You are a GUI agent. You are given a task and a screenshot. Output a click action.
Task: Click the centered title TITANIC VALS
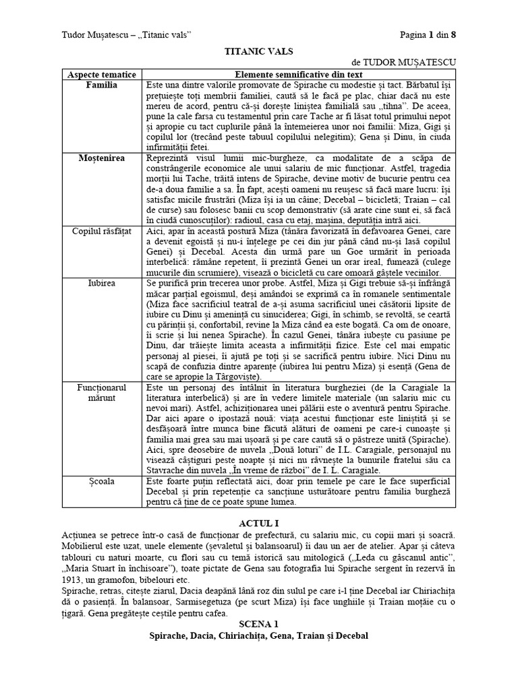[259, 50]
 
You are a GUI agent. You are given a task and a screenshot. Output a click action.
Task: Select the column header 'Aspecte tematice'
[102, 75]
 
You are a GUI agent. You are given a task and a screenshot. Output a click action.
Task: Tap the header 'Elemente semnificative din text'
[300, 75]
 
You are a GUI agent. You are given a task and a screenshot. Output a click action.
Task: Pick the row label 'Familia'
[102, 86]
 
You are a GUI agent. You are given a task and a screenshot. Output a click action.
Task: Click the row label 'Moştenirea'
[102, 157]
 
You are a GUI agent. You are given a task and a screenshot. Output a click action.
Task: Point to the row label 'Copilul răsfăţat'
[102, 231]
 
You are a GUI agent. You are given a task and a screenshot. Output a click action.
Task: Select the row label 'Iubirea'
[102, 284]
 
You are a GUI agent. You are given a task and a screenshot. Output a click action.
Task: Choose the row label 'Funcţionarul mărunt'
[102, 393]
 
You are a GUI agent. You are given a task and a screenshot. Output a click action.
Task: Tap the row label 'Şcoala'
[102, 481]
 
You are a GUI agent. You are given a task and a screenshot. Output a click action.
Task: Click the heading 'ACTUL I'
[259, 523]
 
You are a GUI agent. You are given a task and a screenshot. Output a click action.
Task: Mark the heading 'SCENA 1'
[259, 625]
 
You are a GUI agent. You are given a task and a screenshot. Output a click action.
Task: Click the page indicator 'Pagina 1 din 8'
[427, 34]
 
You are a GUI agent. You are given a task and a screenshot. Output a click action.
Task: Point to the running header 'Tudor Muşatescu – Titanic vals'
[127, 34]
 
